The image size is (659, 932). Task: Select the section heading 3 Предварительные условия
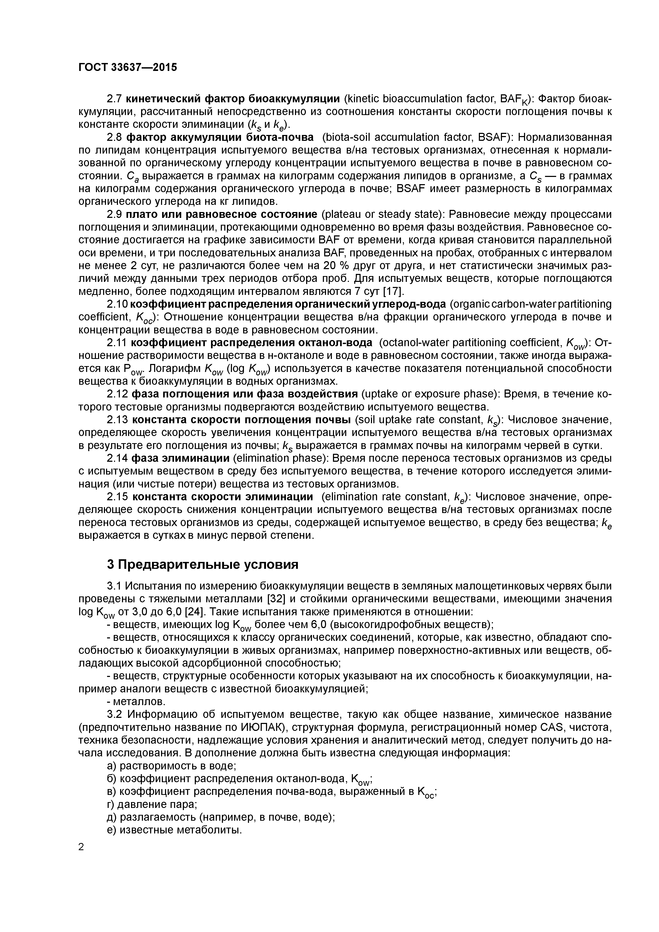(202, 564)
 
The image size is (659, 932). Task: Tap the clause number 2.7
(114, 99)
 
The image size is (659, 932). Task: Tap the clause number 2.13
(117, 419)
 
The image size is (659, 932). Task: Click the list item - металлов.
(136, 701)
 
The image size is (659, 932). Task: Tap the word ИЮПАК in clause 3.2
(266, 727)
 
